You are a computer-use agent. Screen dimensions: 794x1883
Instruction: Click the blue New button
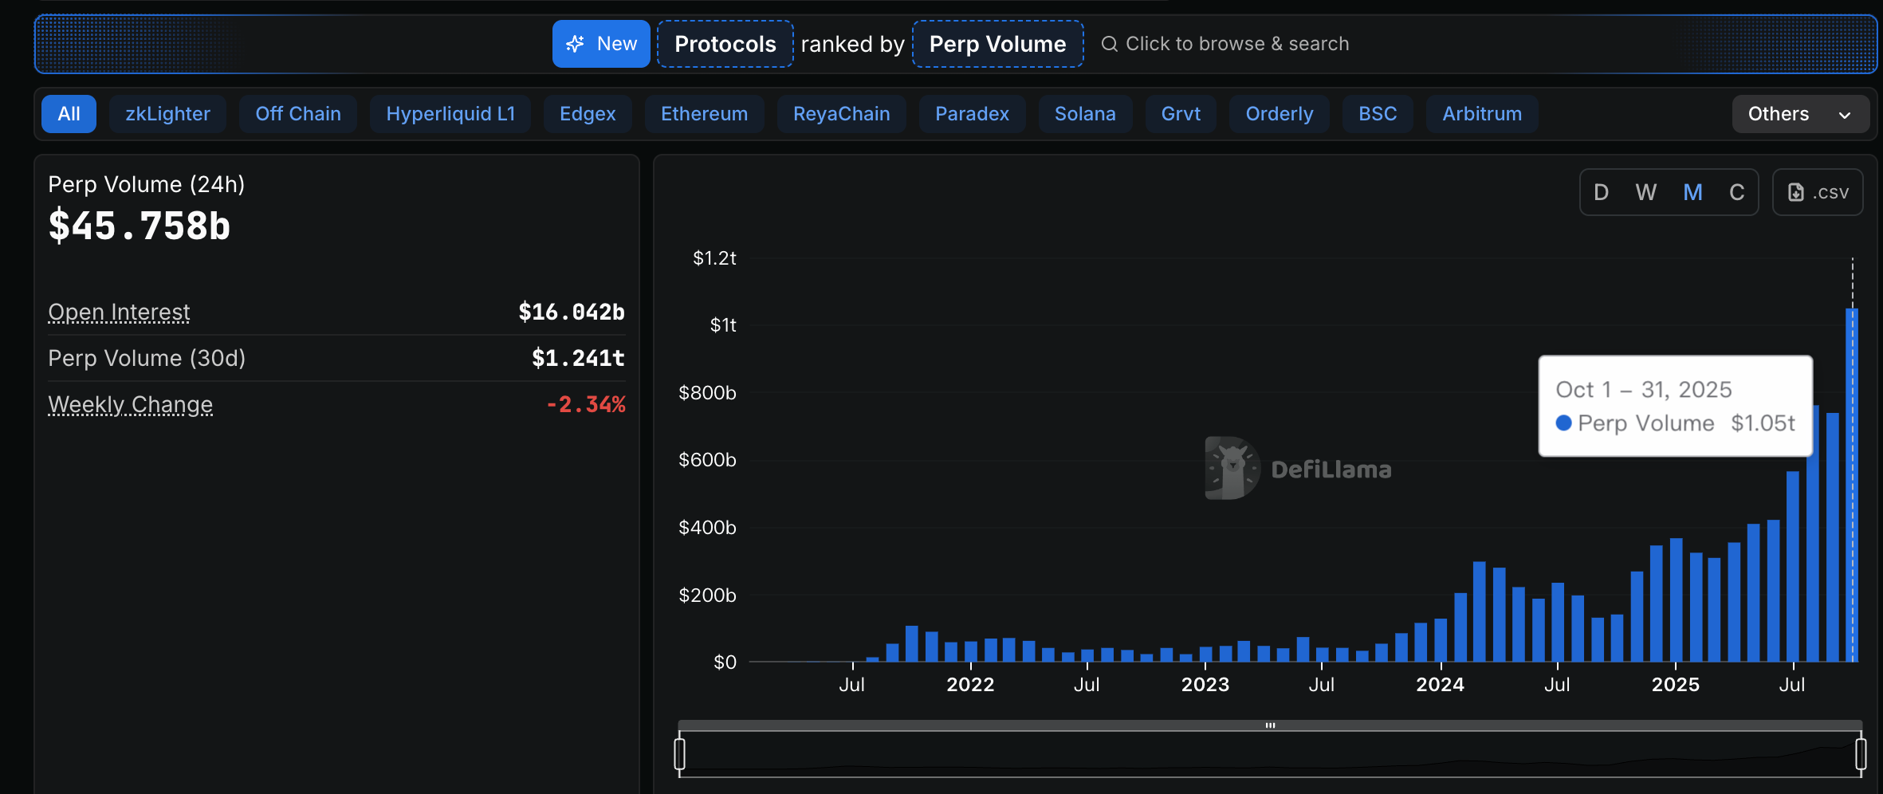pyautogui.click(x=601, y=44)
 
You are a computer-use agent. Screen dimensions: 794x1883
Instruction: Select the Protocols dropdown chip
pyautogui.click(x=725, y=44)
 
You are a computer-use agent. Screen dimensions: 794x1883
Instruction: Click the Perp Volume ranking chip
pyautogui.click(x=997, y=44)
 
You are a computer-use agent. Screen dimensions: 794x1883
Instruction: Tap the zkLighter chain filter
pyautogui.click(x=167, y=114)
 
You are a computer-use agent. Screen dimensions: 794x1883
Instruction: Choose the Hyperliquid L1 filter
pyautogui.click(x=450, y=114)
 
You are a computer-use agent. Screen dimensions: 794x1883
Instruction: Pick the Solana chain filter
pyautogui.click(x=1084, y=114)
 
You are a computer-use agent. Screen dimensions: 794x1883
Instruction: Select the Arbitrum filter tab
pyautogui.click(x=1481, y=114)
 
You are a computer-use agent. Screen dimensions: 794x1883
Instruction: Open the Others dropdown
pyautogui.click(x=1799, y=114)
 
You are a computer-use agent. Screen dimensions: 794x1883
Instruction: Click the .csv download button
pyautogui.click(x=1818, y=192)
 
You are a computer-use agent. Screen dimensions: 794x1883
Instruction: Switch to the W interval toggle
pyautogui.click(x=1645, y=192)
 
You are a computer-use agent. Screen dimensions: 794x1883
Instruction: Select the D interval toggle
pyautogui.click(x=1601, y=192)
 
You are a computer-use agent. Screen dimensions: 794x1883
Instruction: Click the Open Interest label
pyautogui.click(x=119, y=312)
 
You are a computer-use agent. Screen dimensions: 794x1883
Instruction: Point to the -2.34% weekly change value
pyautogui.click(x=586, y=404)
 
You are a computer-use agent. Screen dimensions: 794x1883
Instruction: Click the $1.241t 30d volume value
pyautogui.click(x=578, y=358)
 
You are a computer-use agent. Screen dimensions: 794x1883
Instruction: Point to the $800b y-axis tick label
pyautogui.click(x=707, y=392)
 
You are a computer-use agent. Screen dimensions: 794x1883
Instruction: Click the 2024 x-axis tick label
pyautogui.click(x=1440, y=684)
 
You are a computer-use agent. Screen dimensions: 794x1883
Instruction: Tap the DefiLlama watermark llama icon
pyautogui.click(x=1231, y=469)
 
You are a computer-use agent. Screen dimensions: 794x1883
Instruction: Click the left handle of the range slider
pyautogui.click(x=679, y=753)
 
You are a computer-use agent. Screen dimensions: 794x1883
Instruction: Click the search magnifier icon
pyautogui.click(x=1109, y=44)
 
